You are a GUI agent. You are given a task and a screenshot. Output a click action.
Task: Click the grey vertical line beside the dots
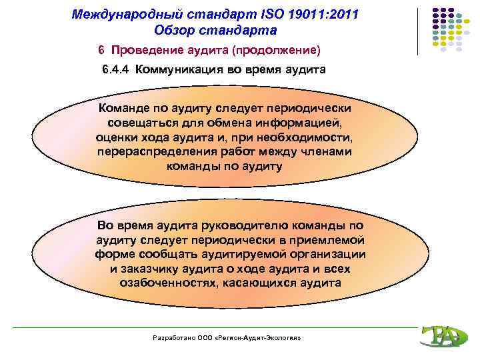coord(419,31)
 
